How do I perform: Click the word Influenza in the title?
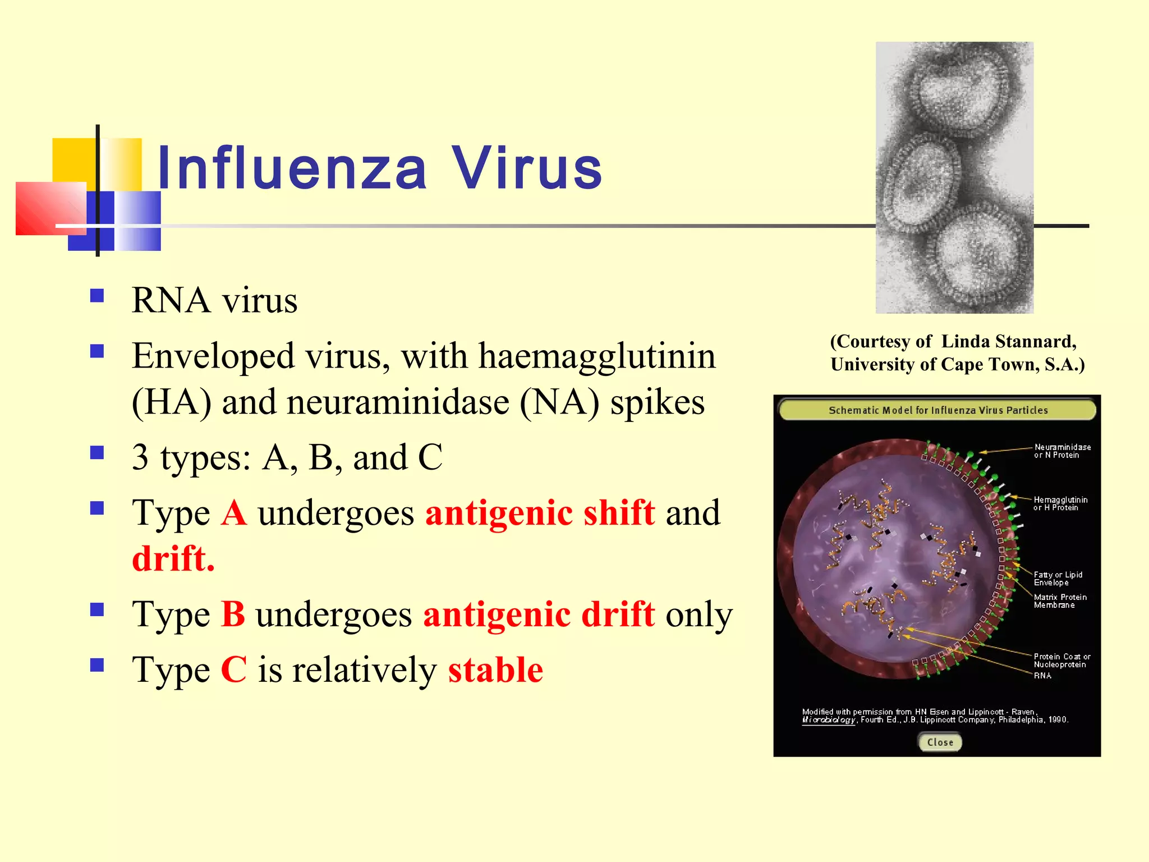(292, 168)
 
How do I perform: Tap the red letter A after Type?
(233, 513)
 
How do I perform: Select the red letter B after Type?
(233, 614)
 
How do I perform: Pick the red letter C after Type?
(233, 670)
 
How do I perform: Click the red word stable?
(495, 670)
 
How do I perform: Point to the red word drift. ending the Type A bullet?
(173, 559)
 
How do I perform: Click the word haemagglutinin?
(597, 356)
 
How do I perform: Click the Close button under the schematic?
(940, 742)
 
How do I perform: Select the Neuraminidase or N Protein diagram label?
(1062, 451)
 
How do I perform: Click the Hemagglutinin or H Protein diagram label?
(1060, 503)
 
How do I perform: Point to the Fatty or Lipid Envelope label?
(1058, 579)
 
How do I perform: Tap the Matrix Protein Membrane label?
(1060, 601)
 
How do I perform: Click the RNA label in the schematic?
(1042, 676)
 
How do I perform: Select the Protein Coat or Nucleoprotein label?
(1061, 661)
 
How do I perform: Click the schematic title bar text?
(938, 410)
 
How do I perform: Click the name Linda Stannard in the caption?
(1008, 341)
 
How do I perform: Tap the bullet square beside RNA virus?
(97, 296)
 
